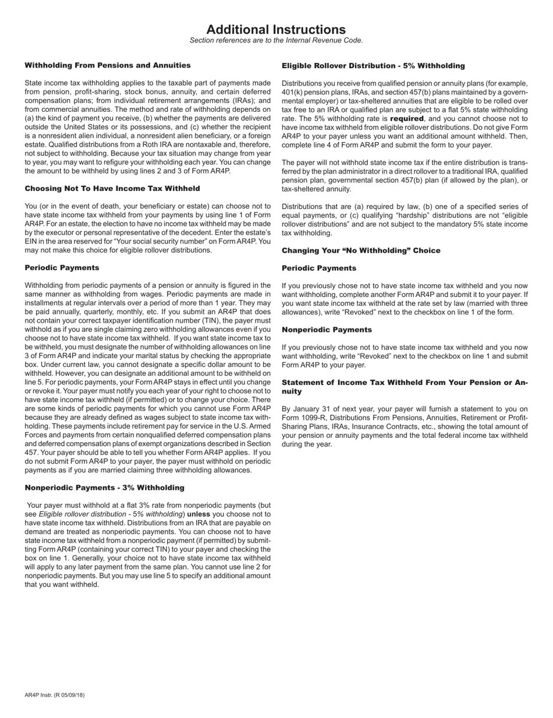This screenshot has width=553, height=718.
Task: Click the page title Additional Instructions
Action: (276, 30)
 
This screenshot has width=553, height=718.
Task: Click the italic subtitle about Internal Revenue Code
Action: (276, 40)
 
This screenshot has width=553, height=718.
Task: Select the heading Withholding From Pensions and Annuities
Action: (108, 65)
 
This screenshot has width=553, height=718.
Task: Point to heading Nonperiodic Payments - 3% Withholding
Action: (104, 487)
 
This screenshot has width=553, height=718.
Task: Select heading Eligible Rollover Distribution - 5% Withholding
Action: (373, 66)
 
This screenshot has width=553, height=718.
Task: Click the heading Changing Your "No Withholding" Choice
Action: (361, 250)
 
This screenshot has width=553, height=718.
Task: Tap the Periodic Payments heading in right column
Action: (319, 268)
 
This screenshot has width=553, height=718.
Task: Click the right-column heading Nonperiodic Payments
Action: (327, 330)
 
